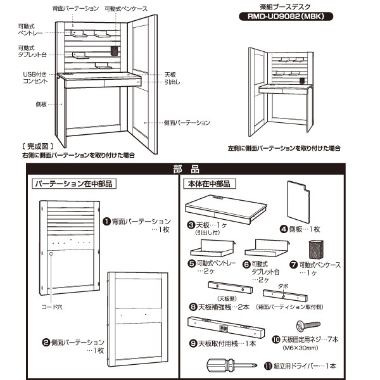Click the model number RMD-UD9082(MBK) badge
[x=288, y=16]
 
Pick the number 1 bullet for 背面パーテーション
[x=106, y=222]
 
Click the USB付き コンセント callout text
[x=35, y=78]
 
